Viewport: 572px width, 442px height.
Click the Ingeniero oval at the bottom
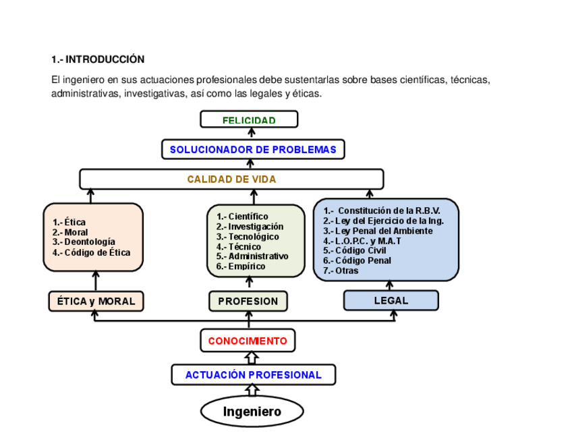pyautogui.click(x=252, y=412)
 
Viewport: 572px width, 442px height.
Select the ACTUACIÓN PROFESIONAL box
pyautogui.click(x=253, y=375)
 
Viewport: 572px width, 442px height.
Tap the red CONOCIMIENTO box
pyautogui.click(x=248, y=341)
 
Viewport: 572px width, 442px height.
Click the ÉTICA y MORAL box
pyautogui.click(x=96, y=301)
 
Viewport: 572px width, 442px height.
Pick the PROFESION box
pyautogui.click(x=248, y=301)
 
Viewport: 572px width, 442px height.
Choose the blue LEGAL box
pyautogui.click(x=391, y=300)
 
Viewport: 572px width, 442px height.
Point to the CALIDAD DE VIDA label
pyautogui.click(x=231, y=179)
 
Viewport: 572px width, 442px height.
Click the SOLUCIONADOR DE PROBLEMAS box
pyautogui.click(x=253, y=149)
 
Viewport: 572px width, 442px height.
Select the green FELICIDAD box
pyautogui.click(x=249, y=120)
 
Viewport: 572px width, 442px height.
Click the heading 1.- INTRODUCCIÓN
pyautogui.click(x=98, y=59)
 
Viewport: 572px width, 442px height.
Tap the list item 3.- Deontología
pyautogui.click(x=84, y=242)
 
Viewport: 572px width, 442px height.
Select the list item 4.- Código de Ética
pyautogui.click(x=91, y=252)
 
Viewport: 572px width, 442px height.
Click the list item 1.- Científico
pyautogui.click(x=242, y=217)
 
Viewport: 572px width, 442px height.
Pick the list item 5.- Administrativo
pyautogui.click(x=252, y=256)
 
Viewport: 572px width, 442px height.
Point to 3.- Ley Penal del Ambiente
pyautogui.click(x=378, y=231)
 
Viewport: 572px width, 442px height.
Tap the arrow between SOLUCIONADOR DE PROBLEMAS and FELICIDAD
pyautogui.click(x=251, y=134)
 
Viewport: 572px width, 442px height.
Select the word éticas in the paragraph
pyautogui.click(x=307, y=93)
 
